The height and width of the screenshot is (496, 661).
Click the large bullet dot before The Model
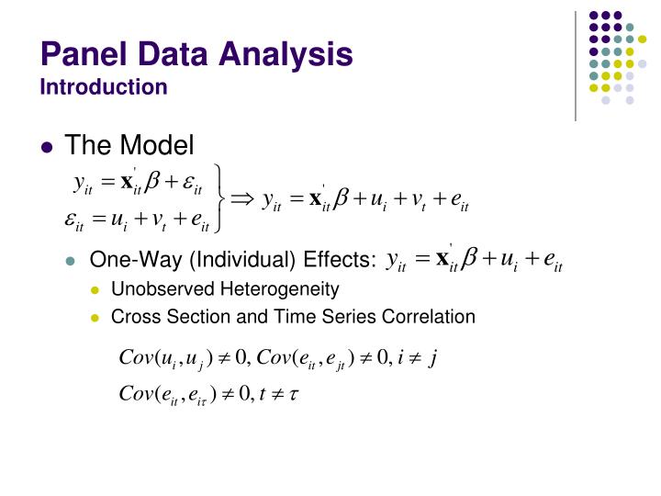(x=49, y=146)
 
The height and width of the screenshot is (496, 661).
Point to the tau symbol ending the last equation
(x=296, y=396)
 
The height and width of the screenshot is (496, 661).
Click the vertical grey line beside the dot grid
(x=576, y=65)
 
